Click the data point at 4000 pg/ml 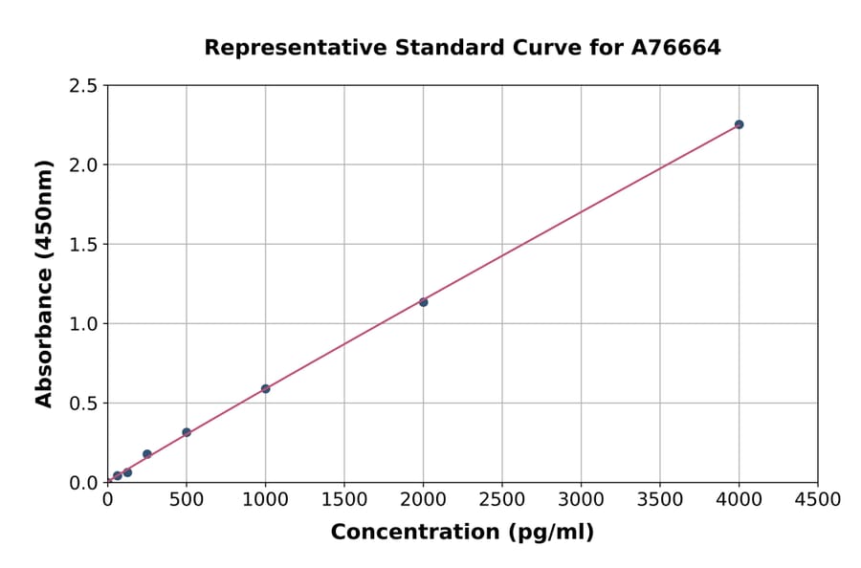coord(739,124)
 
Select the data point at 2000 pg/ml coord(423,302)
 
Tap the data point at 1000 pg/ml coord(265,389)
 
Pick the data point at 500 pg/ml coord(187,432)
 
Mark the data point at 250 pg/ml coord(146,454)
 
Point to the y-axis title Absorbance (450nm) coord(44,283)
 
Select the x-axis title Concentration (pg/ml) coord(462,533)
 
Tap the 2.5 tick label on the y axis coord(83,86)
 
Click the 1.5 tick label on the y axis coord(83,245)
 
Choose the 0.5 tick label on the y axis coord(83,404)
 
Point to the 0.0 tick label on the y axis coord(83,483)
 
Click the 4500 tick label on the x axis coord(817,500)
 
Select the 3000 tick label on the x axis coord(581,500)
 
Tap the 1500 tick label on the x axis coord(344,500)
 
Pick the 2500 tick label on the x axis coord(502,500)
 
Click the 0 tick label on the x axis coord(107,500)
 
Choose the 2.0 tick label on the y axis coord(83,165)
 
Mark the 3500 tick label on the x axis coord(660,500)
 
